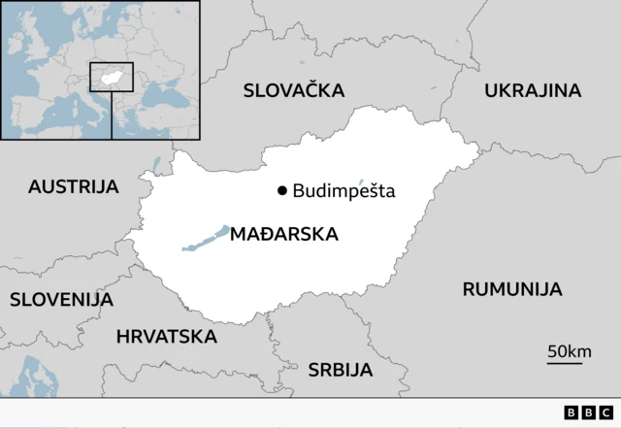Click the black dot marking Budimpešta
click(x=282, y=191)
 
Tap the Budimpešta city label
click(x=343, y=191)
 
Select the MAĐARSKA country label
click(x=284, y=234)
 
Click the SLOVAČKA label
click(x=294, y=90)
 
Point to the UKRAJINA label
click(x=533, y=90)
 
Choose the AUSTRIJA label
click(x=73, y=186)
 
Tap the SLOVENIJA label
click(x=61, y=299)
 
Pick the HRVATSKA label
click(x=166, y=337)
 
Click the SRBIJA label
click(x=340, y=369)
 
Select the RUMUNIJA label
click(x=511, y=289)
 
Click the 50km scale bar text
click(x=569, y=351)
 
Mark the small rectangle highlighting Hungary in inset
click(x=112, y=77)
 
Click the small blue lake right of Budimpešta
click(x=361, y=181)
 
